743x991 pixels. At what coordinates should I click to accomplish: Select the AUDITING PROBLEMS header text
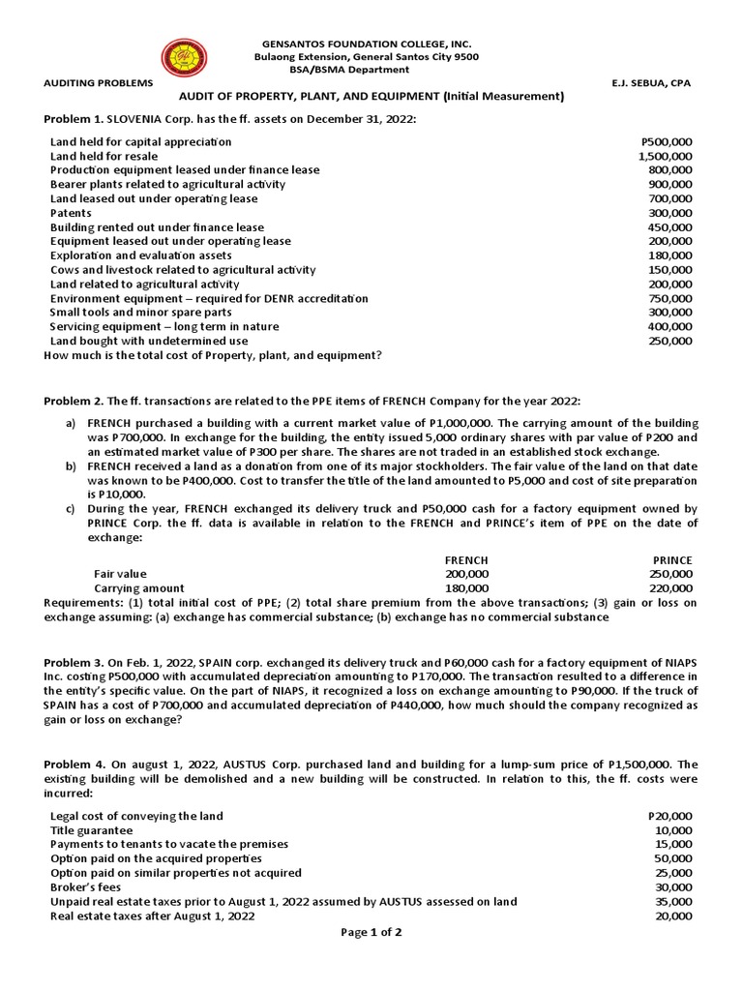coord(98,83)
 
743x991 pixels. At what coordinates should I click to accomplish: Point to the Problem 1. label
coord(74,118)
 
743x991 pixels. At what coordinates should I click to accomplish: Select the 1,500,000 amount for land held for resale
coord(665,156)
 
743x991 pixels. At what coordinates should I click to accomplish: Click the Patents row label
coord(71,213)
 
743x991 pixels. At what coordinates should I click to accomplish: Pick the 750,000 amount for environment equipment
coord(669,299)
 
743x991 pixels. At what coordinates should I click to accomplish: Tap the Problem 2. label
coord(74,401)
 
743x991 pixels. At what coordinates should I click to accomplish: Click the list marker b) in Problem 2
coord(70,466)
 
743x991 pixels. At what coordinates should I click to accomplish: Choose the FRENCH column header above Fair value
coord(465,560)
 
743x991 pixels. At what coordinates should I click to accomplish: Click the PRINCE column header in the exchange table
coord(672,560)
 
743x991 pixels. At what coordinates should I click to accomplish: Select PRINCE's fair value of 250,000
coord(671,574)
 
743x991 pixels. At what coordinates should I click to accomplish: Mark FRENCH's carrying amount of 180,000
coord(466,587)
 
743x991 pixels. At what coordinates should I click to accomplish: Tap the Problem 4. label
coord(74,764)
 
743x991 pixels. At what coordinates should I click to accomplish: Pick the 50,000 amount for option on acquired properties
coord(672,858)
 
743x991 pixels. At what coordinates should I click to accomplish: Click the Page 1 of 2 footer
coord(371,932)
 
